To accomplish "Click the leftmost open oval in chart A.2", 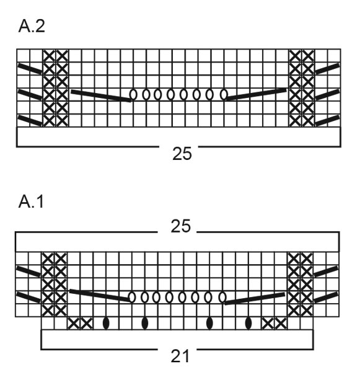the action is (x=133, y=95).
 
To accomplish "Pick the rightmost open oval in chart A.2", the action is (x=224, y=95).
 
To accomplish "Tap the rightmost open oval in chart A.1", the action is (x=224, y=297).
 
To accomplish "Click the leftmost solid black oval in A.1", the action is (x=106, y=323).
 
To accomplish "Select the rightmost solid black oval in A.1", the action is (x=248, y=323).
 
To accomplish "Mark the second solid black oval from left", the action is (x=145, y=323).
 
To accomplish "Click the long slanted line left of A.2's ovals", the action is (x=100, y=95).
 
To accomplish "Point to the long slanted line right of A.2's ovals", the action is (x=257, y=94).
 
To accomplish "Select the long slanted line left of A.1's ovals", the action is (x=99, y=295).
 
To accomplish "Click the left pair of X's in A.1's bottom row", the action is (x=80, y=323).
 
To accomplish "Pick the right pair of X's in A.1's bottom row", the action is (x=274, y=323).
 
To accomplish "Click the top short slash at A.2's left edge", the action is (x=30, y=68).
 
